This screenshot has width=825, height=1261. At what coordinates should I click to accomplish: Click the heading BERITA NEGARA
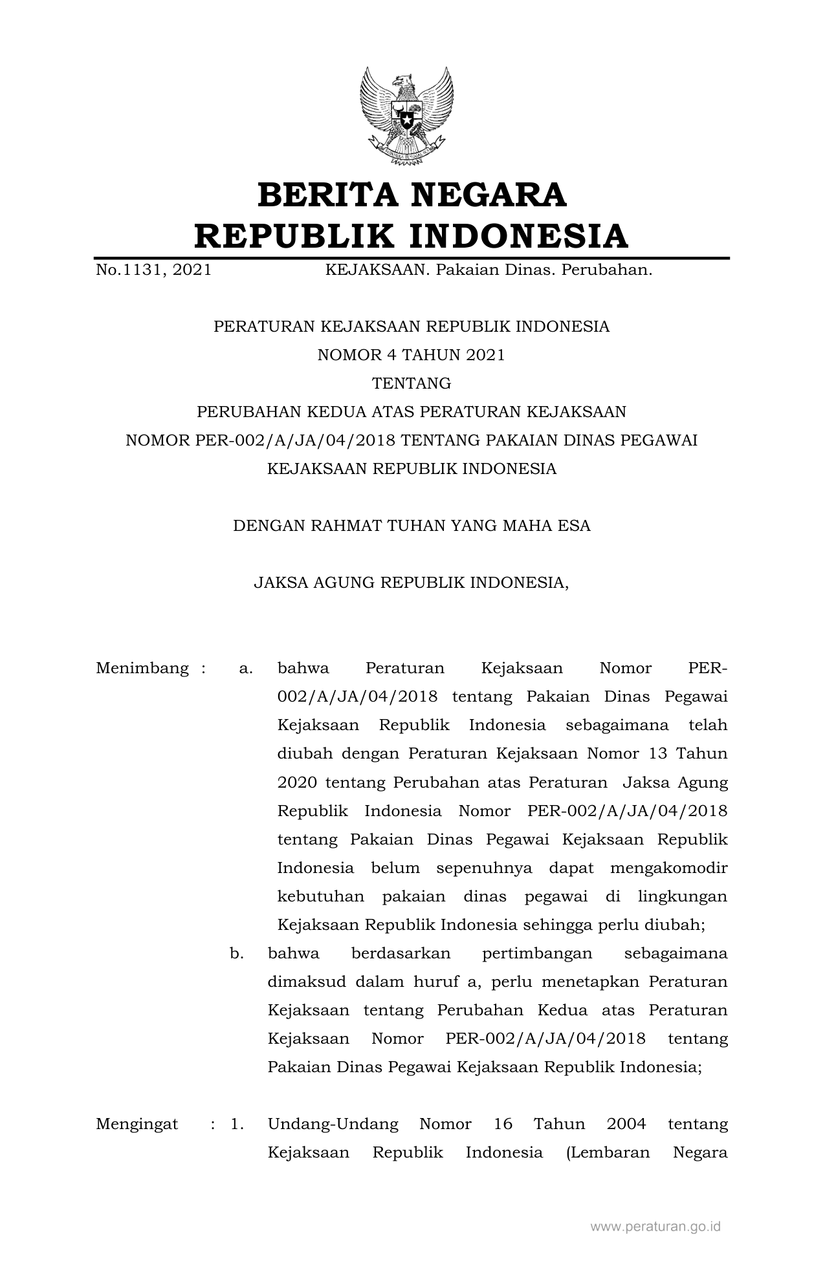412,195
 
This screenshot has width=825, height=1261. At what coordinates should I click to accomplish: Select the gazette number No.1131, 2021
153,270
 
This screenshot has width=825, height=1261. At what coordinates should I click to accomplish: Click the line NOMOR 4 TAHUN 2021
411,355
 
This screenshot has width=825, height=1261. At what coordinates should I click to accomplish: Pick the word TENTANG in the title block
412,383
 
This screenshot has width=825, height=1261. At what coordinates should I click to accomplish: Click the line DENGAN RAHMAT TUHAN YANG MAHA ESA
412,526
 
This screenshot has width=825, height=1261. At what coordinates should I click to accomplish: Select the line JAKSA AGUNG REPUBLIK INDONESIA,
412,583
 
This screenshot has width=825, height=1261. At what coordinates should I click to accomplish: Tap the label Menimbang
142,668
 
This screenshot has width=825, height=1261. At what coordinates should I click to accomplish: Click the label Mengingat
137,1124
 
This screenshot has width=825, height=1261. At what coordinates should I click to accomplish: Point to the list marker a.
245,668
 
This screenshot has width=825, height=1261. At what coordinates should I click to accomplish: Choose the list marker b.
237,953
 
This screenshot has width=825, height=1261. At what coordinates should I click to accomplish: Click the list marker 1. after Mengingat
237,1124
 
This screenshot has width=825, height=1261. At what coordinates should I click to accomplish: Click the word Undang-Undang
333,1124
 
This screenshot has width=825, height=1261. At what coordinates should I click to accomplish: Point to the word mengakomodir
669,868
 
